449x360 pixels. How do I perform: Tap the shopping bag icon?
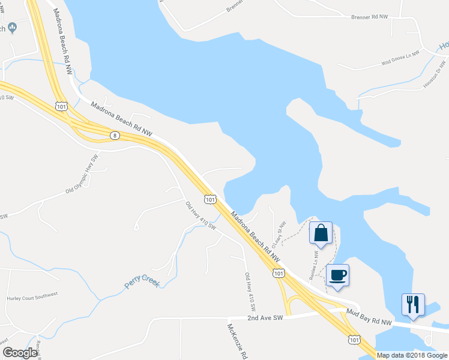coord(321,233)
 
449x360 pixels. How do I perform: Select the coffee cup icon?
coord(337,275)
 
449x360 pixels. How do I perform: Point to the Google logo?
coord(19,353)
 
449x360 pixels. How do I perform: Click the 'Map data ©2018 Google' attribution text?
coord(412,355)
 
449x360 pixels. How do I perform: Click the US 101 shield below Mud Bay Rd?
coord(354,340)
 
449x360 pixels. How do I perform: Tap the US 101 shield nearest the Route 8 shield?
coord(61,106)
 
